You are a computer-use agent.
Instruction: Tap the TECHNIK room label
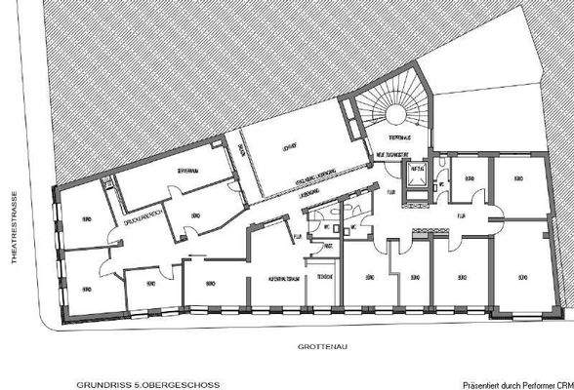[x=324, y=277]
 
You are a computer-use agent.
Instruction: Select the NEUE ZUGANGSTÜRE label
[x=390, y=156]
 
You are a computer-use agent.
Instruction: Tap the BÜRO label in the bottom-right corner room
[x=522, y=277]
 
